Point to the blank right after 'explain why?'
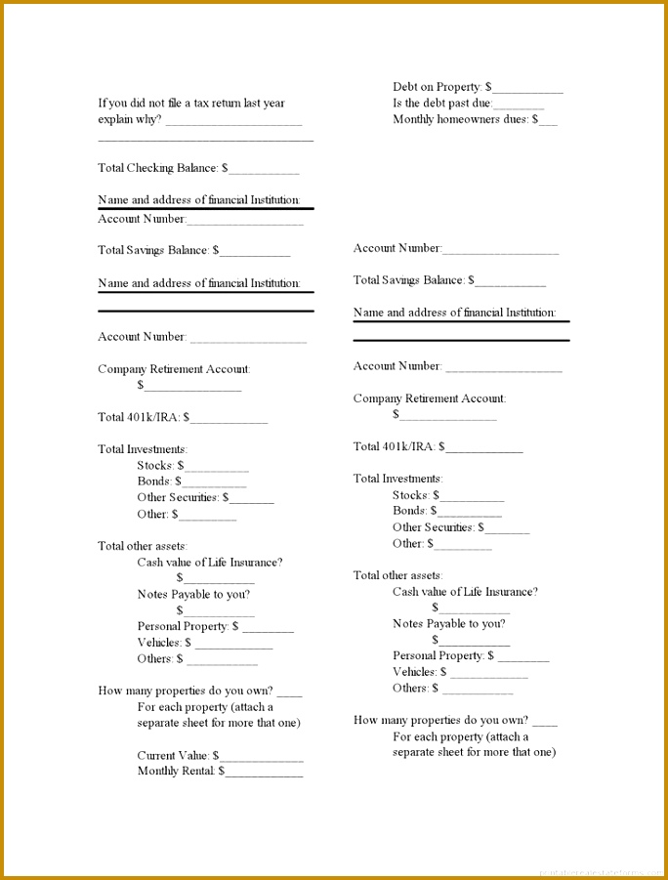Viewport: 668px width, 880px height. tap(233, 122)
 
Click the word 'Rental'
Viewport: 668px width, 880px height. tap(199, 771)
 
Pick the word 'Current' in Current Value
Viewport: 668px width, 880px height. tap(156, 755)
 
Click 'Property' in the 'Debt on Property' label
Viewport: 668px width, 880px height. tap(461, 87)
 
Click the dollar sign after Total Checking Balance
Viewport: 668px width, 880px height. tap(225, 168)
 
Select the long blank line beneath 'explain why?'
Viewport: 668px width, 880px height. tap(205, 141)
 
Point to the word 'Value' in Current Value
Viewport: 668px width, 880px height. tap(193, 755)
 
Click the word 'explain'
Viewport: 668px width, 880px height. tap(116, 119)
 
